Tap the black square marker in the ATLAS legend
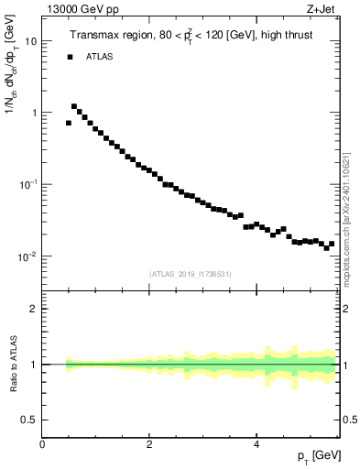(x=69, y=57)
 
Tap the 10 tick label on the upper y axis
(x=30, y=41)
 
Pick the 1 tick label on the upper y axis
(x=34, y=113)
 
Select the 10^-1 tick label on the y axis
(x=28, y=184)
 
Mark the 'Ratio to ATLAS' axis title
(x=13, y=365)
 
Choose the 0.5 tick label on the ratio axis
(x=30, y=420)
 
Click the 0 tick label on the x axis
(x=42, y=444)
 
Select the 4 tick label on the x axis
(x=256, y=444)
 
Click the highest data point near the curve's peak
(x=74, y=106)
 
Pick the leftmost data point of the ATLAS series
(x=69, y=123)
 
